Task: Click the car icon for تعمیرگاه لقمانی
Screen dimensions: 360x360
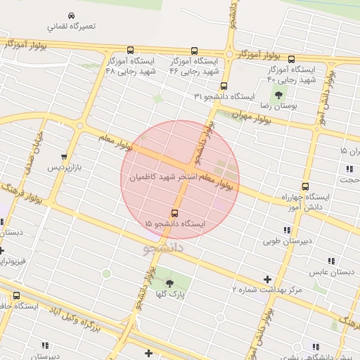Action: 71,15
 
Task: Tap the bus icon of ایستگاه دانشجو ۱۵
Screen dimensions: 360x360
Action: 174,213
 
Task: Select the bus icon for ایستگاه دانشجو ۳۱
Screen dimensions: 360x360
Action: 224,86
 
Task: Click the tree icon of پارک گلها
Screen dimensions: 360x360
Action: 169,284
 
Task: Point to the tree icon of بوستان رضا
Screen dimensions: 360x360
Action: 279,95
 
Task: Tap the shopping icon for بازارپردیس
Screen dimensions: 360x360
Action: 64,157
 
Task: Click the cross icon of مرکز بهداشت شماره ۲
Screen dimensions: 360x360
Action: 266,279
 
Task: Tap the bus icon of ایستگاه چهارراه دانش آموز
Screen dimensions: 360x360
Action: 304,186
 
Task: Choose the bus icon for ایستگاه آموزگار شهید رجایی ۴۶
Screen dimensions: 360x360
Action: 194,51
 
